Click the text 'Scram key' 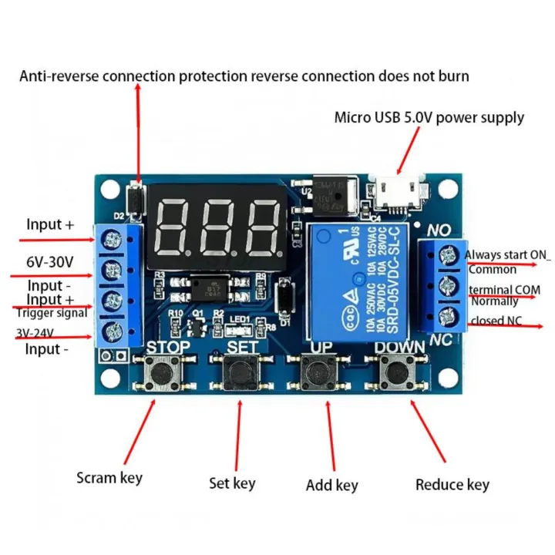109,477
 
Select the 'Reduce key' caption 452,484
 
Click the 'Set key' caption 232,483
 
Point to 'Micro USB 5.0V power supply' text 429,118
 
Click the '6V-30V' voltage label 49,261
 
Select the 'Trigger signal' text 52,313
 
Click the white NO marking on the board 439,230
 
